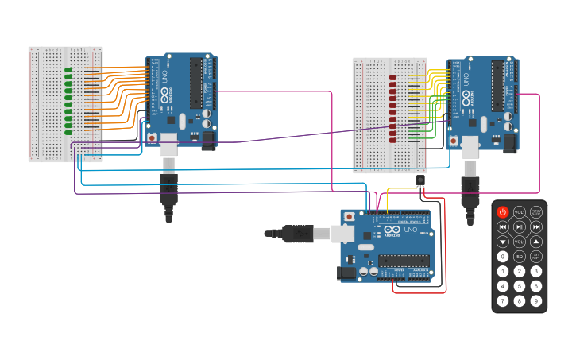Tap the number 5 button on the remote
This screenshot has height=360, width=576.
pyautogui.click(x=520, y=286)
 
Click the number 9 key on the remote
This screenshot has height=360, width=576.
pyautogui.click(x=536, y=300)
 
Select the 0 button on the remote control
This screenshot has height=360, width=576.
pyautogui.click(x=502, y=257)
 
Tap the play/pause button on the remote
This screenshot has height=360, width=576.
pyautogui.click(x=520, y=226)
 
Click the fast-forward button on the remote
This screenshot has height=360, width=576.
pyautogui.click(x=536, y=226)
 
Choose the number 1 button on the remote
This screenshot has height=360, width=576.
pyautogui.click(x=502, y=271)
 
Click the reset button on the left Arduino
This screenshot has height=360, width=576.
pyautogui.click(x=152, y=137)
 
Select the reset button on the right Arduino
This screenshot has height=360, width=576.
pyautogui.click(x=453, y=141)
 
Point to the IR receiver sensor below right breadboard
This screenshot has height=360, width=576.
pyautogui.click(x=419, y=181)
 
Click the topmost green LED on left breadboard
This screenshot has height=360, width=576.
pyautogui.click(x=69, y=70)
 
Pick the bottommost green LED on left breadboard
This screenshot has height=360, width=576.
pyautogui.click(x=69, y=131)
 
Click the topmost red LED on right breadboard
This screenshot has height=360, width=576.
pyautogui.click(x=392, y=78)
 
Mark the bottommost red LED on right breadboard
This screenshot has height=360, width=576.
pyautogui.click(x=392, y=139)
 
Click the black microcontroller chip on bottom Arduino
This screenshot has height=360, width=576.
pyautogui.click(x=404, y=261)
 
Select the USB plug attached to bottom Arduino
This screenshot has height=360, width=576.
pyautogui.click(x=297, y=234)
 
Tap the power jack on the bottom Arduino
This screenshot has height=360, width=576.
pyautogui.click(x=347, y=273)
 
